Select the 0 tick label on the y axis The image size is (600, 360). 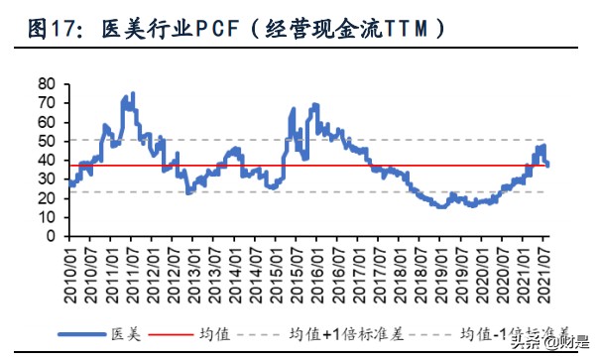pos(50,237)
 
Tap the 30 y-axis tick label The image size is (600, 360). pos(46,180)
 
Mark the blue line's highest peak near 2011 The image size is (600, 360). pos(133,94)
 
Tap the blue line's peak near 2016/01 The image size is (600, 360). pos(315,104)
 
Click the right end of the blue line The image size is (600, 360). pos(548,165)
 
